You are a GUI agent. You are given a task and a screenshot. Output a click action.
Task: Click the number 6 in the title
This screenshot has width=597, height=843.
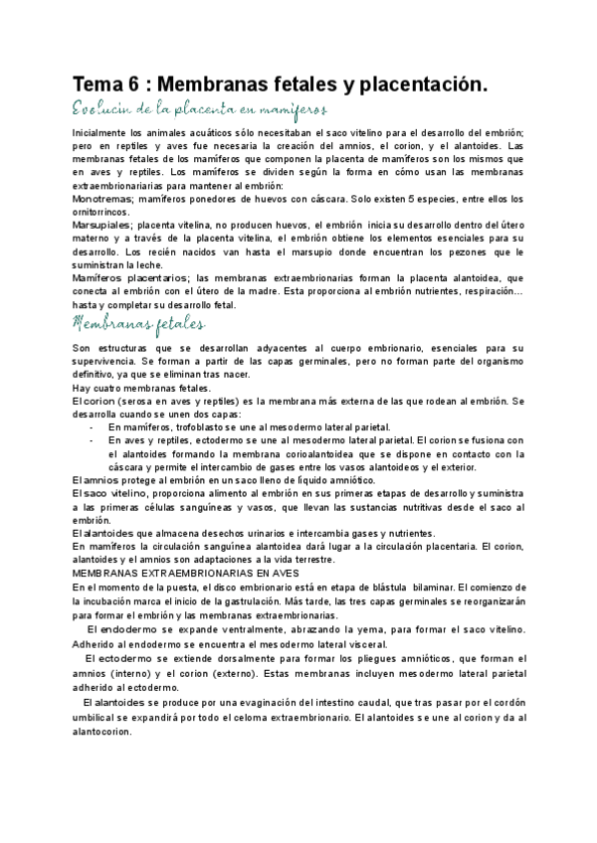(140, 86)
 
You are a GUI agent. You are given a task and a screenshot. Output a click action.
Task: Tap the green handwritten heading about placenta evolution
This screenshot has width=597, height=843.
(200, 109)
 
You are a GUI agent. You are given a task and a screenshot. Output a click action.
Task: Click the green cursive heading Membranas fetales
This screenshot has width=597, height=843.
(139, 324)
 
